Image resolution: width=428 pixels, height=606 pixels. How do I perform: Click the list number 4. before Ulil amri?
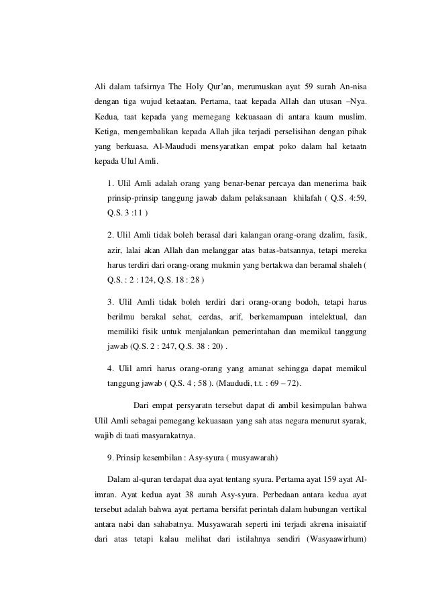coord(111,368)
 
